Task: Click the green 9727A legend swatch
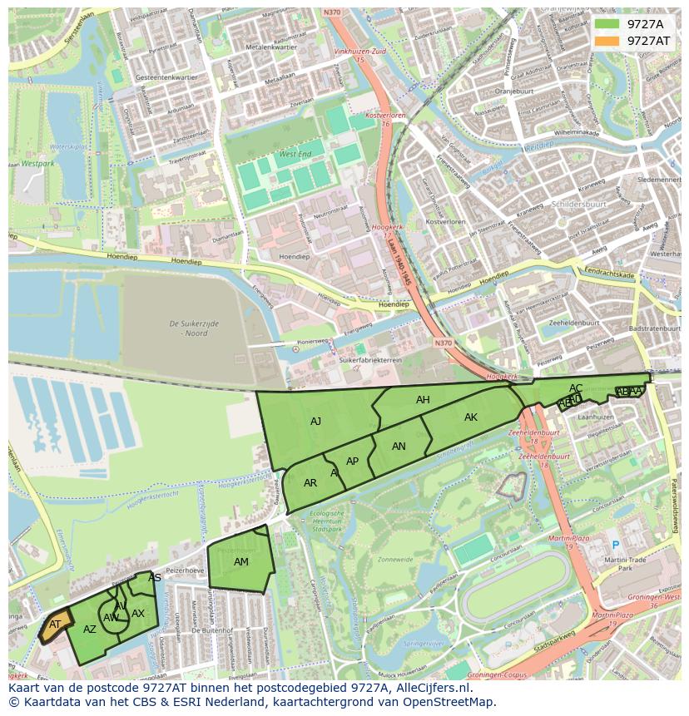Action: click(607, 24)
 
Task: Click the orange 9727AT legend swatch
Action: click(607, 41)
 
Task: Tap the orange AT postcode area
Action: click(54, 625)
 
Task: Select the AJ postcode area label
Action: click(315, 422)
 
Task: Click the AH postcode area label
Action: click(423, 400)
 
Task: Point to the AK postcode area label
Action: click(471, 417)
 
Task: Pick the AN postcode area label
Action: click(399, 447)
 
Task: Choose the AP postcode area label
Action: click(352, 462)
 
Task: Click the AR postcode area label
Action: click(310, 483)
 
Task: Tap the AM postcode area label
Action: click(240, 562)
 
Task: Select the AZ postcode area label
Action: click(90, 630)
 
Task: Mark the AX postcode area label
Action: click(138, 614)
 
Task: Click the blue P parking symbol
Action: click(616, 546)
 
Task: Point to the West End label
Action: click(295, 155)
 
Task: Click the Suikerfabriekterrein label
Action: click(370, 361)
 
